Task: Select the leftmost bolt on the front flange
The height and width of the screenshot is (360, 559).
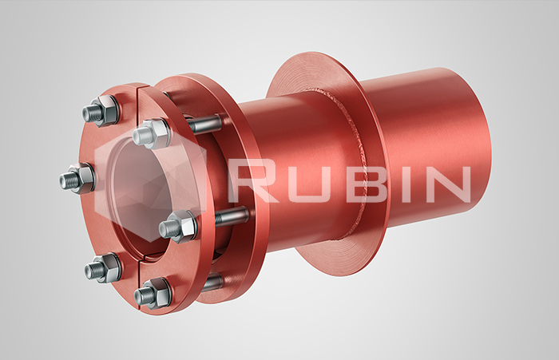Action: point(77,178)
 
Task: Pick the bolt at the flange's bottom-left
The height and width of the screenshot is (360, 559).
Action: point(103,268)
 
